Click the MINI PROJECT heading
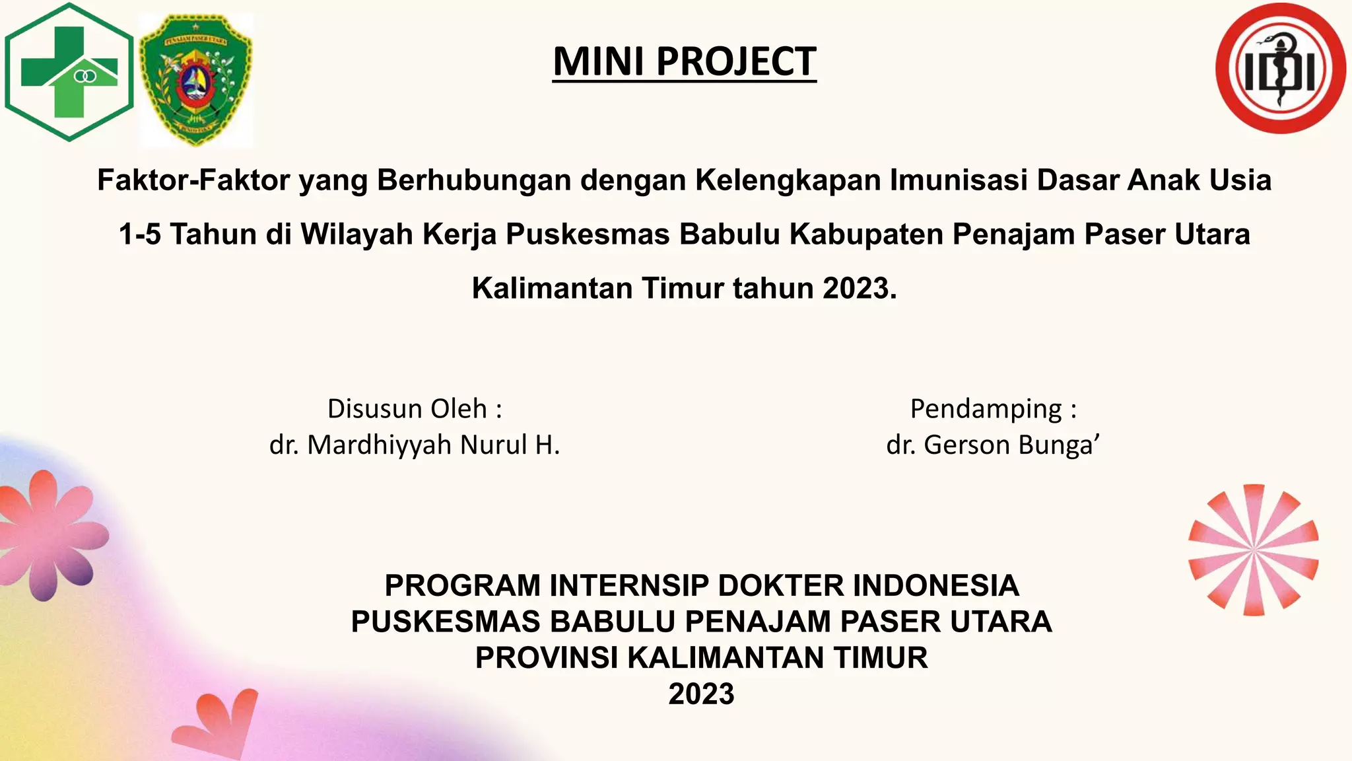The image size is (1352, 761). click(685, 61)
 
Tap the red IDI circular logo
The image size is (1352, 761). click(1280, 69)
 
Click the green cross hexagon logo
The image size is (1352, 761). click(69, 72)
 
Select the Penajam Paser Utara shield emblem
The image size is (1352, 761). click(196, 80)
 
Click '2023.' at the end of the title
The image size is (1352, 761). click(860, 289)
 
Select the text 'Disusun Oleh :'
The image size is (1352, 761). click(415, 409)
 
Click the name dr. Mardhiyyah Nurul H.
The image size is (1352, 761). click(415, 445)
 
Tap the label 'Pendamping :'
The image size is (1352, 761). click(993, 409)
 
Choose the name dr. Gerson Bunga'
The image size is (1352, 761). click(993, 445)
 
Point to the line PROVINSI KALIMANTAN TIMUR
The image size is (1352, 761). click(701, 658)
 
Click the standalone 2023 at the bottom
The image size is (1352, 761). click(701, 694)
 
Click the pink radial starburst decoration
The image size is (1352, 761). click(1253, 550)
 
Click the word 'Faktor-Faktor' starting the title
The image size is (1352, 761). click(193, 180)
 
